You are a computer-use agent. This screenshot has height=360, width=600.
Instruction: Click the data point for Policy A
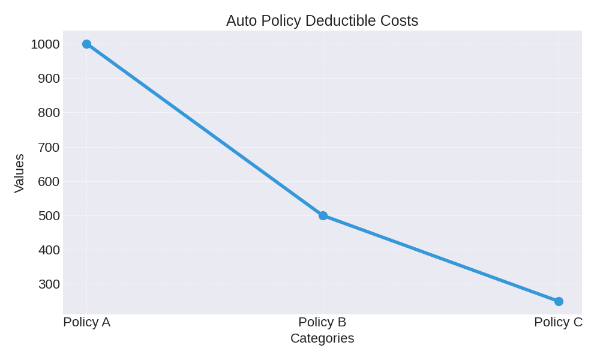pyautogui.click(x=86, y=44)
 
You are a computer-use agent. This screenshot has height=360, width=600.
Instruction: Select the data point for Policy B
pyautogui.click(x=323, y=215)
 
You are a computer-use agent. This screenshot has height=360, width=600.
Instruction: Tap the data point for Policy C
pyautogui.click(x=559, y=301)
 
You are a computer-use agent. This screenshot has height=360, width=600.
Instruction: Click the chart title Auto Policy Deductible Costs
pyautogui.click(x=322, y=20)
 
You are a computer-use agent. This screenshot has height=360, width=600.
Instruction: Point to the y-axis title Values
pyautogui.click(x=19, y=173)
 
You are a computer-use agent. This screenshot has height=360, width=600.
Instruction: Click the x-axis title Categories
pyautogui.click(x=322, y=338)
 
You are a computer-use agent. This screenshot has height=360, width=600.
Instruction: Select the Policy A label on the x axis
pyautogui.click(x=86, y=322)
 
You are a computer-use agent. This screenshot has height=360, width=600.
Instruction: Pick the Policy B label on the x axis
pyautogui.click(x=322, y=322)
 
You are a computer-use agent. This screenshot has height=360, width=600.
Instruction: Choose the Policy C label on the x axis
pyautogui.click(x=558, y=322)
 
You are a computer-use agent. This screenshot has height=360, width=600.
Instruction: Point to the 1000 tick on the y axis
pyautogui.click(x=46, y=44)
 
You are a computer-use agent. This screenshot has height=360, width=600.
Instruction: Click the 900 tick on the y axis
pyautogui.click(x=49, y=79)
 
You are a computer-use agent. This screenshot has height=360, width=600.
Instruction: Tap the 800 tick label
pyautogui.click(x=49, y=113)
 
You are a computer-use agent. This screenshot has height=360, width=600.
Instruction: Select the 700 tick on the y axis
pyautogui.click(x=49, y=147)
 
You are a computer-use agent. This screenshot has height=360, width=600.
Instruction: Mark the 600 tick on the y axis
pyautogui.click(x=49, y=181)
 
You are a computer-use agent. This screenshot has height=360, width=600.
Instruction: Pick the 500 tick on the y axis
pyautogui.click(x=49, y=216)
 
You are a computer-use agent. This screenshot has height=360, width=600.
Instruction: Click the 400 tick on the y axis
pyautogui.click(x=49, y=250)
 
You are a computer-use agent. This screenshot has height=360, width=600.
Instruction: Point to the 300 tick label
pyautogui.click(x=49, y=284)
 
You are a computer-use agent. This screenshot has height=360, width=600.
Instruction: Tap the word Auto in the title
pyautogui.click(x=241, y=20)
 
